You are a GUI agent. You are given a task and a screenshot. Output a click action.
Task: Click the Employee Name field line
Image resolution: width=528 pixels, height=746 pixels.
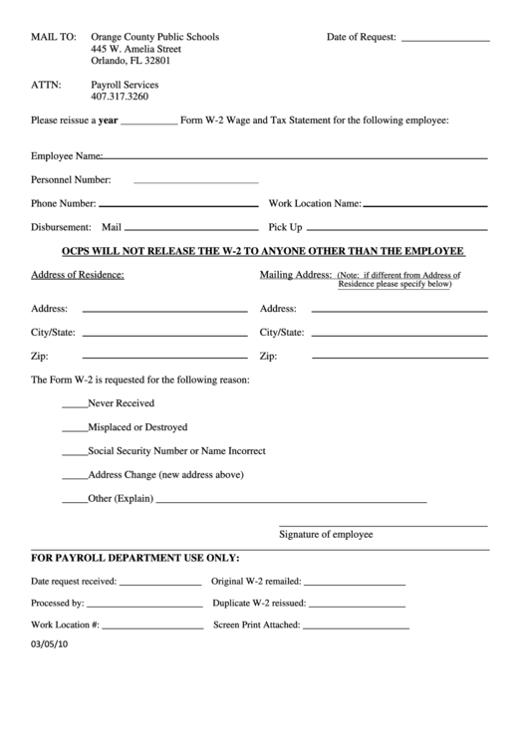click(295, 157)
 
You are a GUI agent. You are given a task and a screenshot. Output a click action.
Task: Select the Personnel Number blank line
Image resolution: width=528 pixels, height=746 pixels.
click(195, 182)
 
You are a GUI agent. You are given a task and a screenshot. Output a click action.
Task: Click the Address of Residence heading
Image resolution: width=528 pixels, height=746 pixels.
click(78, 275)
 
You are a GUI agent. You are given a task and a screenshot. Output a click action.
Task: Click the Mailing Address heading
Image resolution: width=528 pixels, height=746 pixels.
click(295, 274)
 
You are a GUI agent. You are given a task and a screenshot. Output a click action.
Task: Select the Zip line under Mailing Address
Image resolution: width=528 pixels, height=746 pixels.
click(398, 359)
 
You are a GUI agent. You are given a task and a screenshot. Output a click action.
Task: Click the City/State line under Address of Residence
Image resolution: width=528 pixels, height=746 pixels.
click(164, 335)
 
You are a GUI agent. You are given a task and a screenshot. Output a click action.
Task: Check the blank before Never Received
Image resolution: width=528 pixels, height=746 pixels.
click(74, 406)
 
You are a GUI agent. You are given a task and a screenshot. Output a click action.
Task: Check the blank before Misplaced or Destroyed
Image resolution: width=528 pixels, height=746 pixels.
click(74, 430)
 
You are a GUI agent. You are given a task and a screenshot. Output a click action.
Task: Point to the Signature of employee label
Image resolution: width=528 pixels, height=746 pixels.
click(326, 535)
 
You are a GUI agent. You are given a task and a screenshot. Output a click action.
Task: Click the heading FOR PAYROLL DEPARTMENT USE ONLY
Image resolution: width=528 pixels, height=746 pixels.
click(135, 559)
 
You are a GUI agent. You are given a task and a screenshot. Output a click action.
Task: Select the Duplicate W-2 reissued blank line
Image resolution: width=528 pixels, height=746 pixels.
click(358, 606)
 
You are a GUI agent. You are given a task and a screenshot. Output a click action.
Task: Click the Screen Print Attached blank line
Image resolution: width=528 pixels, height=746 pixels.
click(356, 628)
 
